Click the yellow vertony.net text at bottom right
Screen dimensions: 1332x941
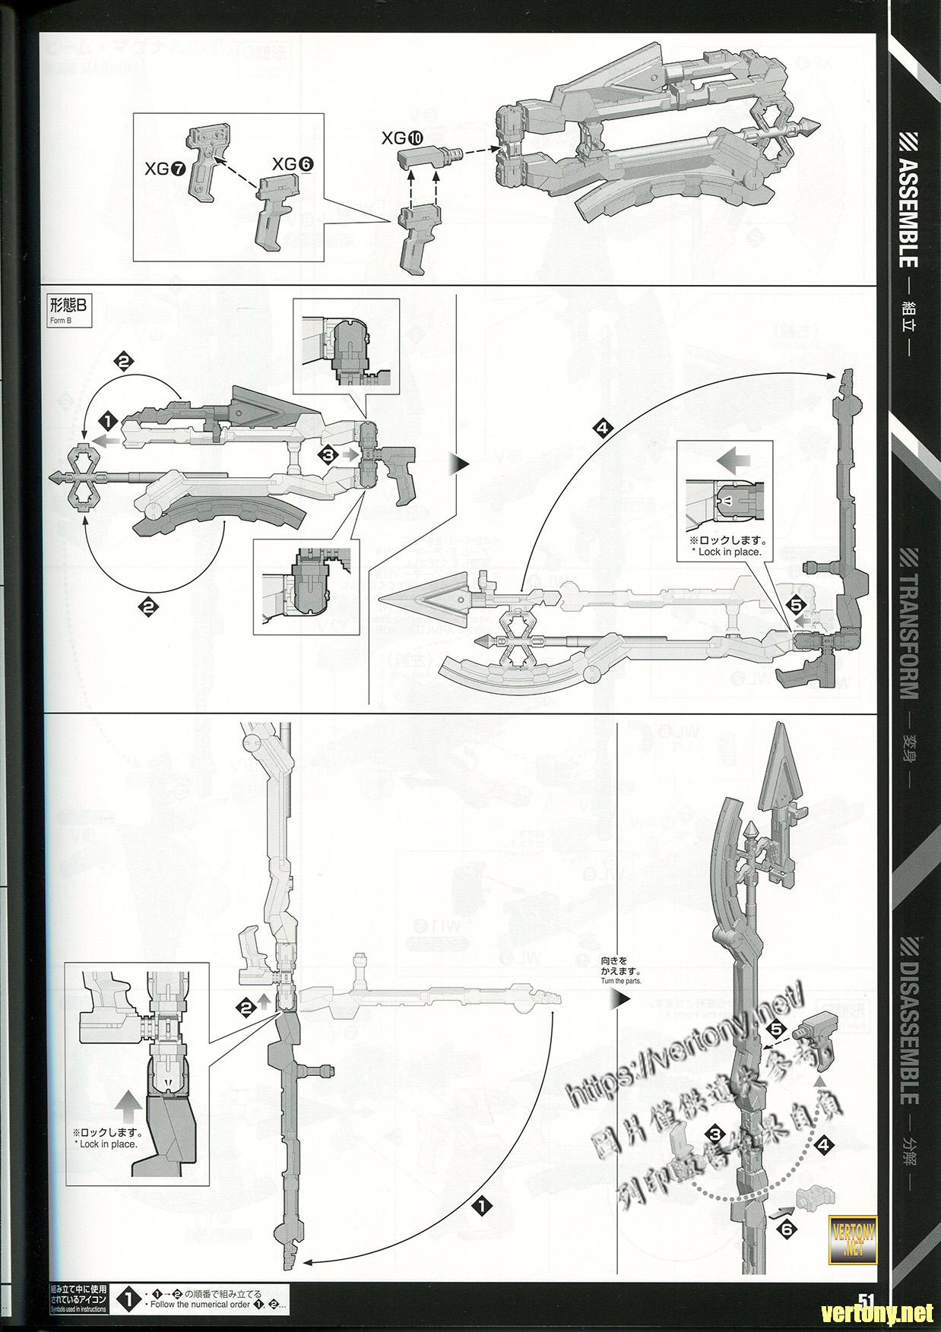pos(882,1311)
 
